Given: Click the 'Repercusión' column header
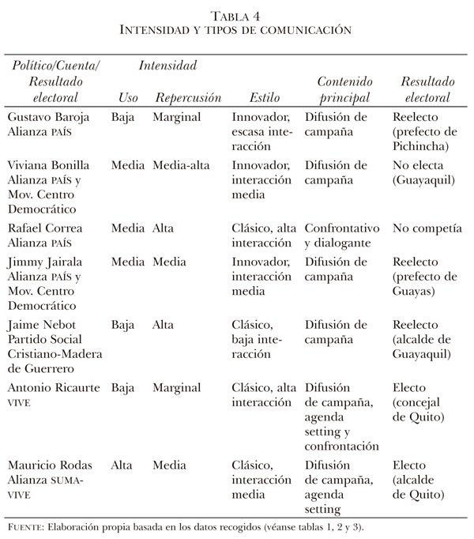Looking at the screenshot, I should pyautogui.click(x=188, y=98).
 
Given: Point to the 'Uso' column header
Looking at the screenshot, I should pyautogui.click(x=127, y=98).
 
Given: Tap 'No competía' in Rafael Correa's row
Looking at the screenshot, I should pyautogui.click(x=427, y=228).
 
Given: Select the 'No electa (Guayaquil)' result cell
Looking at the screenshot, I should pyautogui.click(x=423, y=172).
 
